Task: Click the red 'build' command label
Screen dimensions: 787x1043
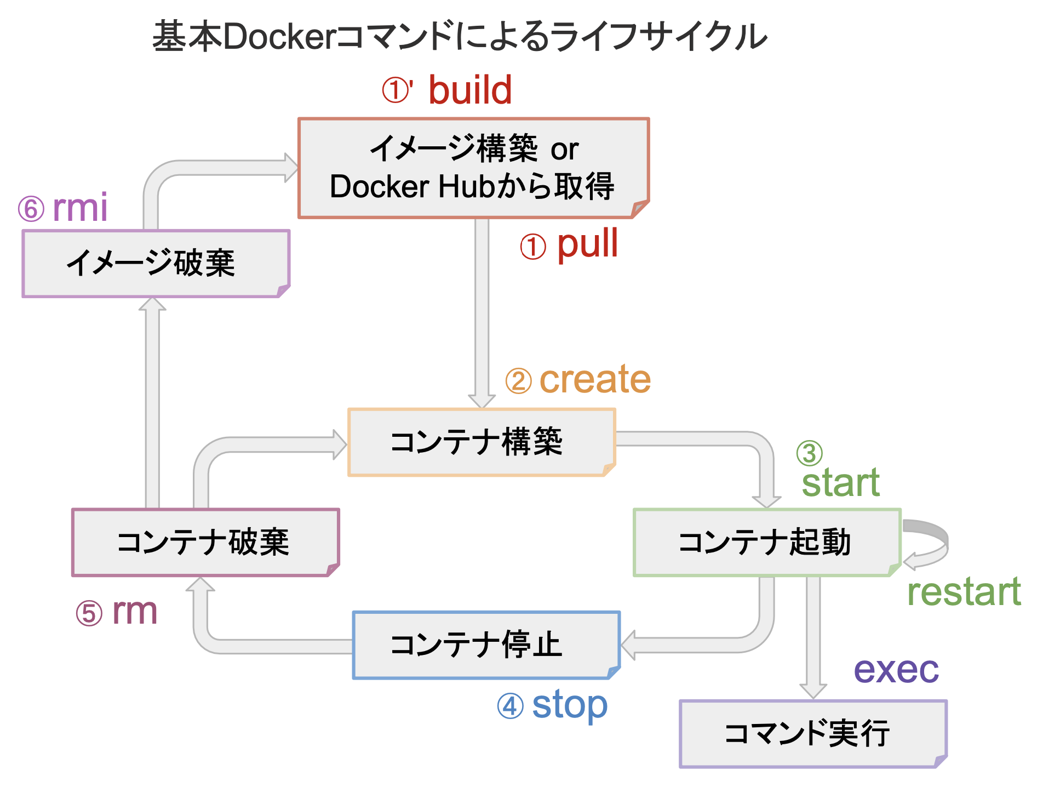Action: [469, 90]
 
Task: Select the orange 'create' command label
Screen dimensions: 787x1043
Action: [595, 379]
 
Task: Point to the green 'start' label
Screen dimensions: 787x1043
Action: [840, 483]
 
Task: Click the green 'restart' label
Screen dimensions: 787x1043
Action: [964, 592]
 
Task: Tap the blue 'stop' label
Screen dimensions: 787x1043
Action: [570, 705]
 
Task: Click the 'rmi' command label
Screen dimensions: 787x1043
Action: [80, 208]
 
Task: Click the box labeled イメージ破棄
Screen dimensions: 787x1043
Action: [156, 264]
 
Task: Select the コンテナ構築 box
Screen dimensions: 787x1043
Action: [481, 442]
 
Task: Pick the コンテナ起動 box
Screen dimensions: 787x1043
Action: [766, 543]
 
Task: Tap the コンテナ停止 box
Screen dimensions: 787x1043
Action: [485, 645]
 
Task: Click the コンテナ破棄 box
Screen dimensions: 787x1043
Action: [205, 543]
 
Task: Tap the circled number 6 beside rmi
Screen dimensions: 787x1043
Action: [31, 209]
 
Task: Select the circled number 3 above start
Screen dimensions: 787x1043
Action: [809, 453]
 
